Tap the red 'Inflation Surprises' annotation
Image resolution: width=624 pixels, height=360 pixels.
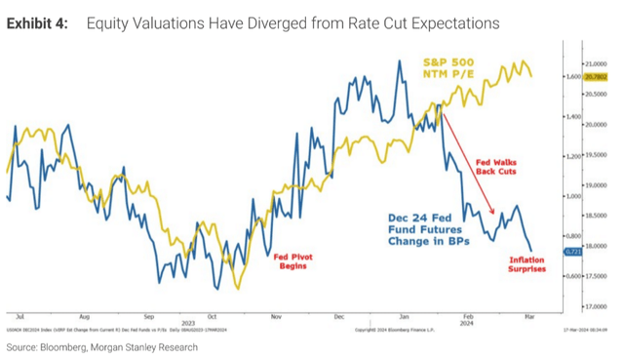[527, 263]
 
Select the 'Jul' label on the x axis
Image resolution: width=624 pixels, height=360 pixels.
[19, 317]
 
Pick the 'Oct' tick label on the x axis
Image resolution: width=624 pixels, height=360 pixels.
[212, 317]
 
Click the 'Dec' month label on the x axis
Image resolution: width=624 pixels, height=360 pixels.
[338, 317]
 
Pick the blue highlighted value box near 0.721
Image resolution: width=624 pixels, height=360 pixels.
[573, 252]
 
